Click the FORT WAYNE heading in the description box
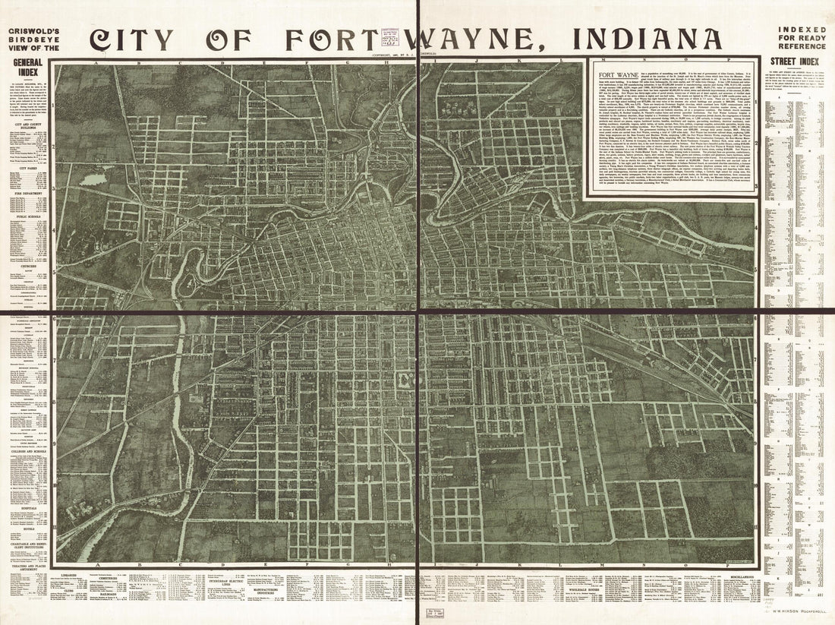pos(616,74)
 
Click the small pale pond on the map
pos(93,180)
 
